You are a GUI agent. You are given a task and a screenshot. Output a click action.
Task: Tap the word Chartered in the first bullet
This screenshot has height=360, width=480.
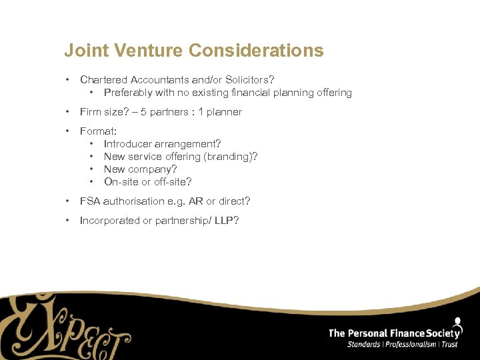pyautogui.click(x=103, y=80)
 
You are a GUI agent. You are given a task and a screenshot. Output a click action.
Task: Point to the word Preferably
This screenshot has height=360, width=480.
pyautogui.click(x=128, y=93)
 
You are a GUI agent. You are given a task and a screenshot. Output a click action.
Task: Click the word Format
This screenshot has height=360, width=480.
pyautogui.click(x=97, y=131)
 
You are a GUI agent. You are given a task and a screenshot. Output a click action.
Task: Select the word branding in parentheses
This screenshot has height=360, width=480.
pyautogui.click(x=229, y=157)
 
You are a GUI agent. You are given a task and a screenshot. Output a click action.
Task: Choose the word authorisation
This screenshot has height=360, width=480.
pyautogui.click(x=136, y=201)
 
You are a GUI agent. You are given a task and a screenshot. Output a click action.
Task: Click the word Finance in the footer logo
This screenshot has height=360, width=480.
pyautogui.click(x=407, y=333)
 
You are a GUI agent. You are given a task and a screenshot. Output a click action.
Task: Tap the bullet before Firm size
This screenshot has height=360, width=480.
pyautogui.click(x=69, y=112)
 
